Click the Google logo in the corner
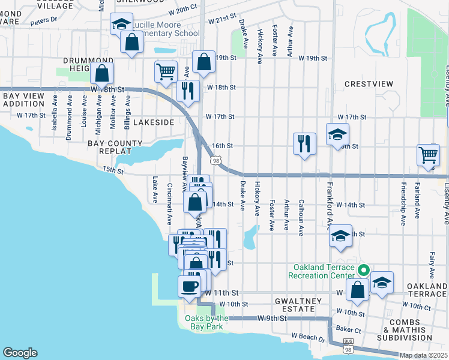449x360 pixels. click(20, 353)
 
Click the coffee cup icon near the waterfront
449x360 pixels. click(190, 285)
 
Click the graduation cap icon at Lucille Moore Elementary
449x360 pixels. click(122, 24)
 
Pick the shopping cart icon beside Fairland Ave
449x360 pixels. click(429, 155)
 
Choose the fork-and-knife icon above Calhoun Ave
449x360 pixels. click(304, 143)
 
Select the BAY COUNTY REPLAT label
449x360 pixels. click(115, 148)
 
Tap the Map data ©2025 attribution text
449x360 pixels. click(424, 355)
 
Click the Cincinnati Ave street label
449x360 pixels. click(170, 202)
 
